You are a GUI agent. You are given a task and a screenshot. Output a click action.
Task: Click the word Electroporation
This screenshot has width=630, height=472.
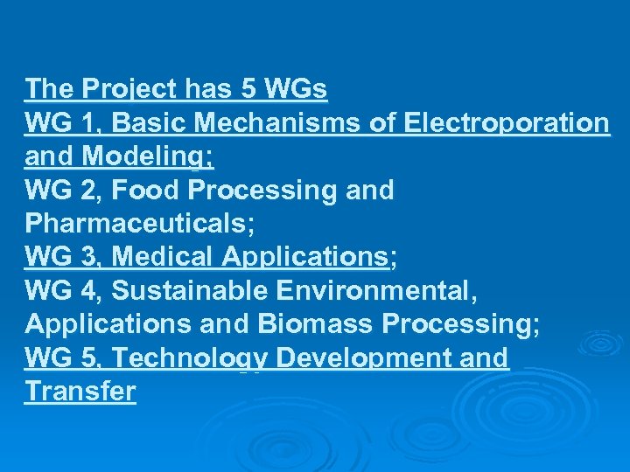(x=507, y=123)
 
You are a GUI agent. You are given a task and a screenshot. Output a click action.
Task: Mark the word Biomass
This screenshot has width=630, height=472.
(x=316, y=324)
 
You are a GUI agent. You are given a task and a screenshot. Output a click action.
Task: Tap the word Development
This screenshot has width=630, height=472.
(x=372, y=357)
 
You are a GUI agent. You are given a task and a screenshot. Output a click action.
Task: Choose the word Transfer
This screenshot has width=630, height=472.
(x=80, y=391)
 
